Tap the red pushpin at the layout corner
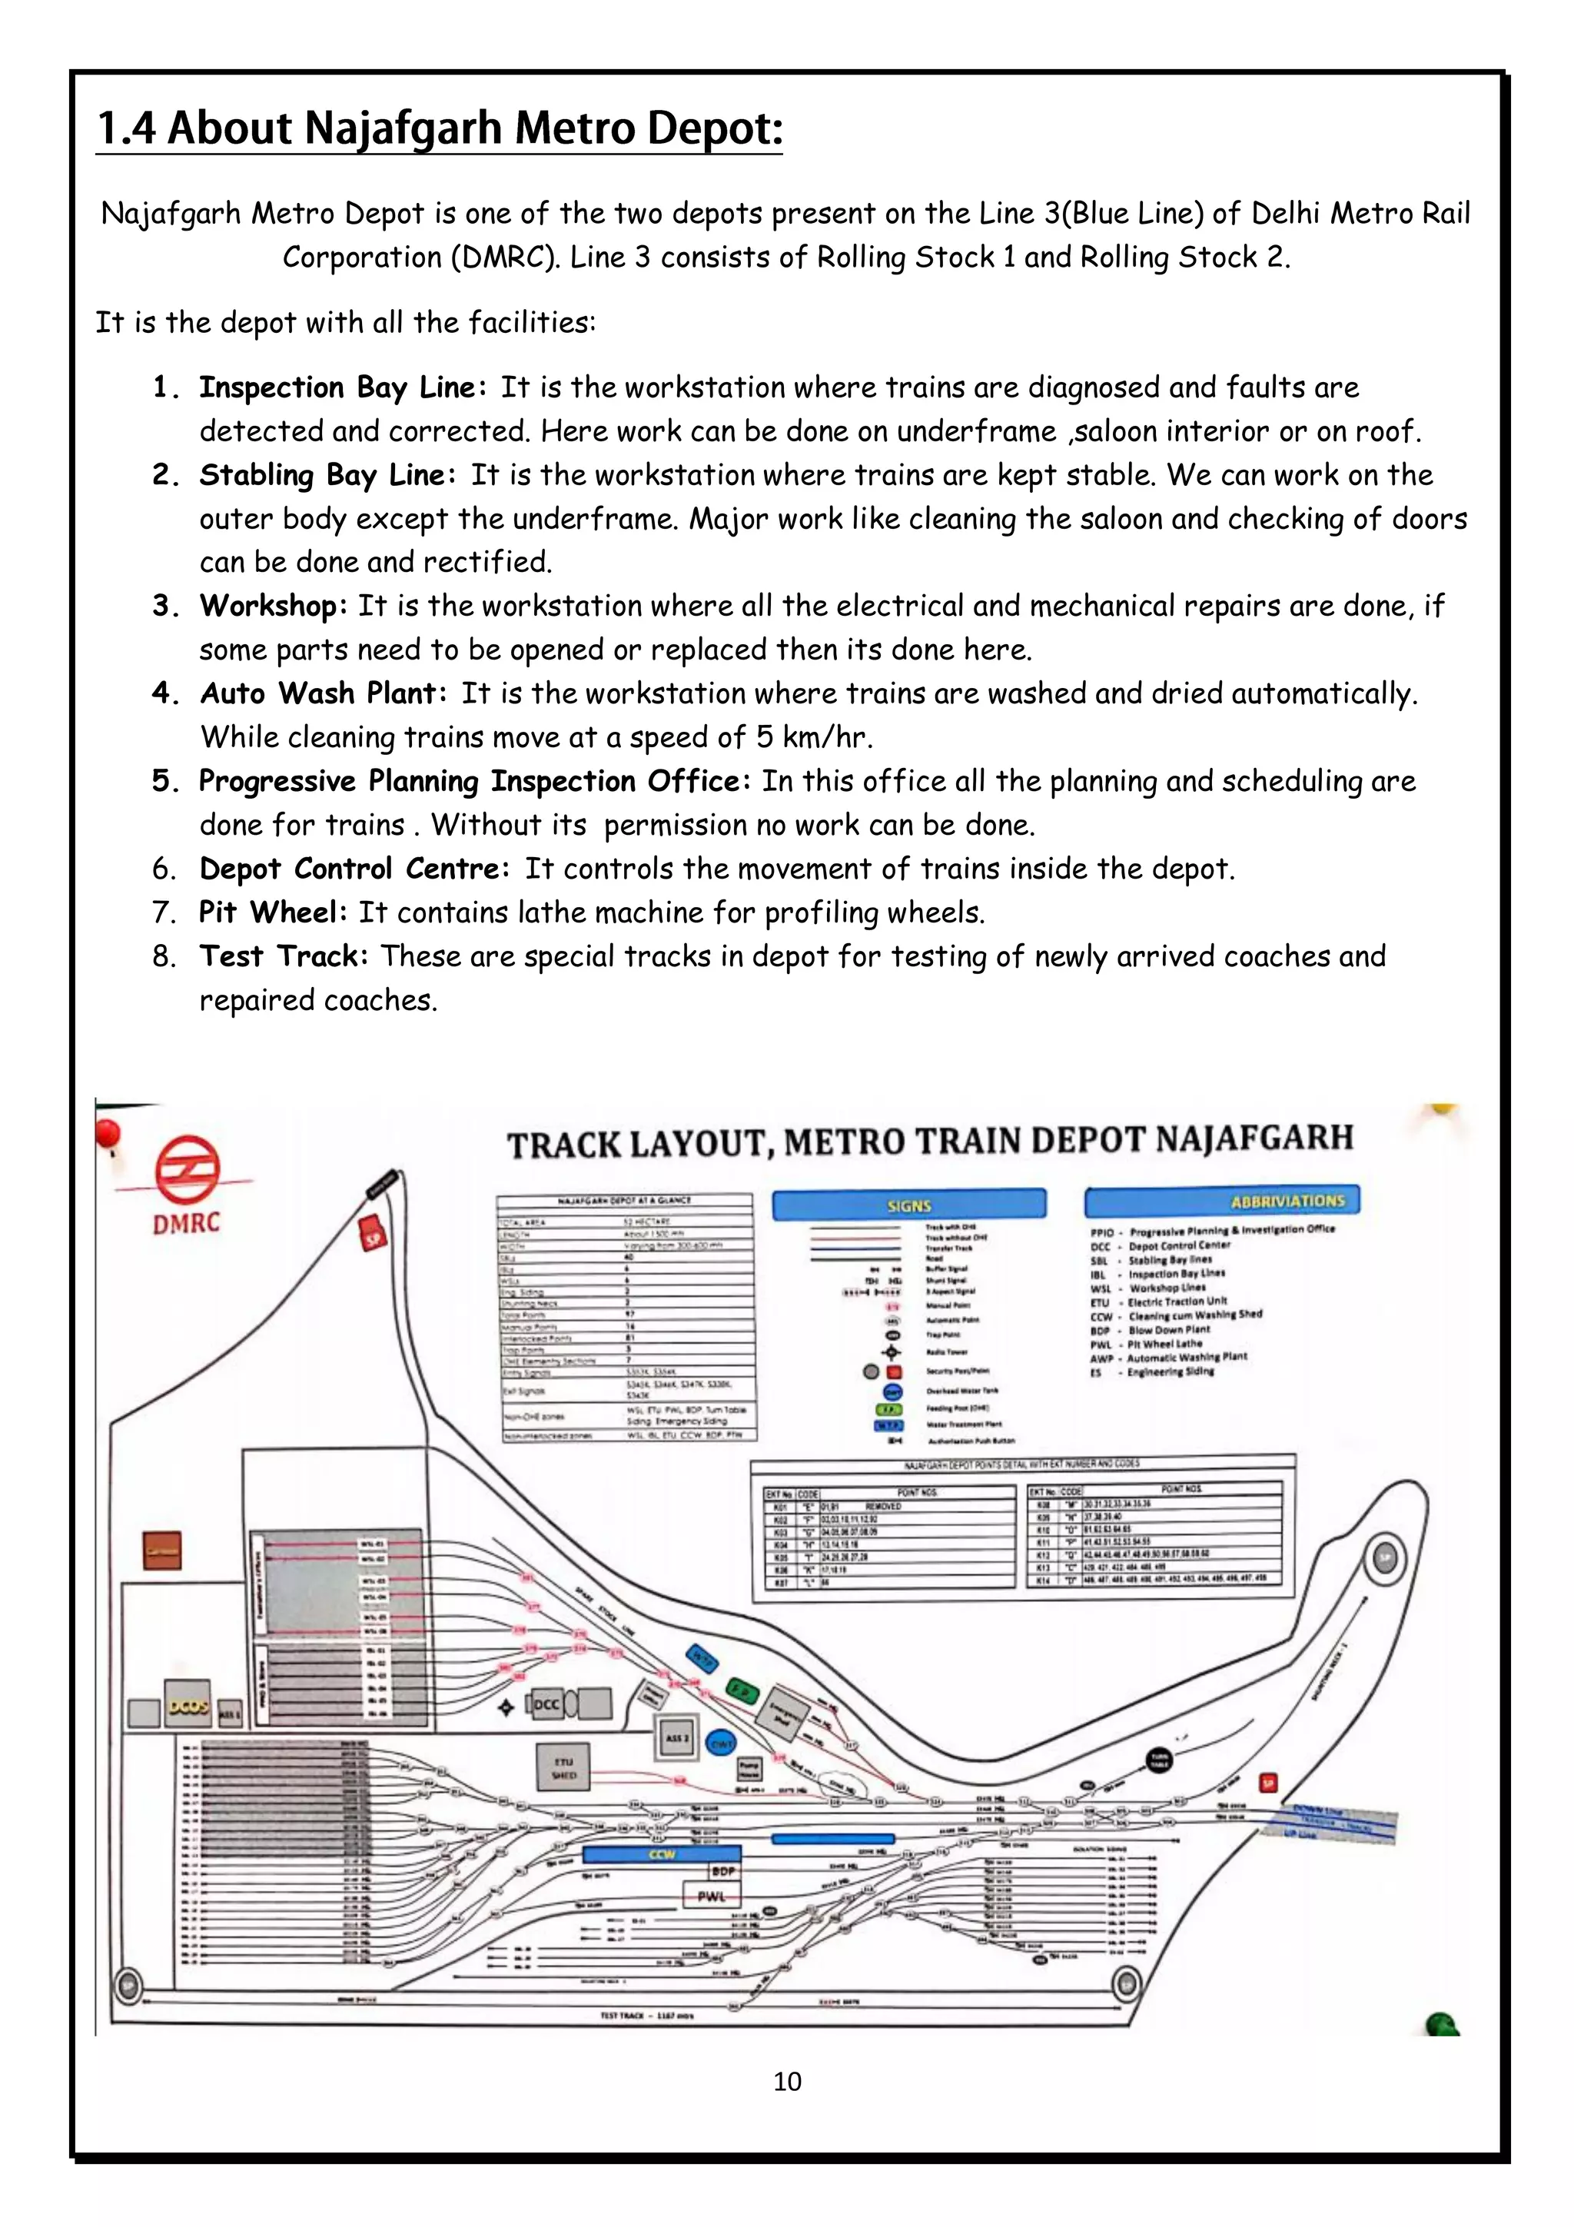[107, 1132]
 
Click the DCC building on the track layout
[546, 1704]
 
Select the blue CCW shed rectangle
[662, 1853]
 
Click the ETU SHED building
[563, 1767]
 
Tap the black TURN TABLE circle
[1159, 1759]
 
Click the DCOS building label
[188, 1706]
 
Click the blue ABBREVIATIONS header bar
[1222, 1201]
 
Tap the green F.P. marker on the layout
[744, 1690]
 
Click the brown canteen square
[162, 1550]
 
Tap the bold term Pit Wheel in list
[271, 912]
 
